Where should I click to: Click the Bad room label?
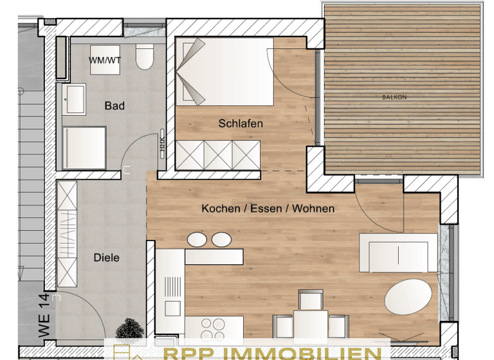(x=114, y=106)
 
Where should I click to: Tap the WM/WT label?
(x=105, y=60)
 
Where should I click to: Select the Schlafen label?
(x=241, y=123)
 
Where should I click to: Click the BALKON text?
(x=394, y=97)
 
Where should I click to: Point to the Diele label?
(x=107, y=257)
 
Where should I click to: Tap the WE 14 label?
(x=44, y=315)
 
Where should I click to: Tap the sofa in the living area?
(x=393, y=254)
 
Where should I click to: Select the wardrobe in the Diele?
(x=66, y=234)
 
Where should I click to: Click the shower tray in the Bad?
(x=84, y=147)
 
